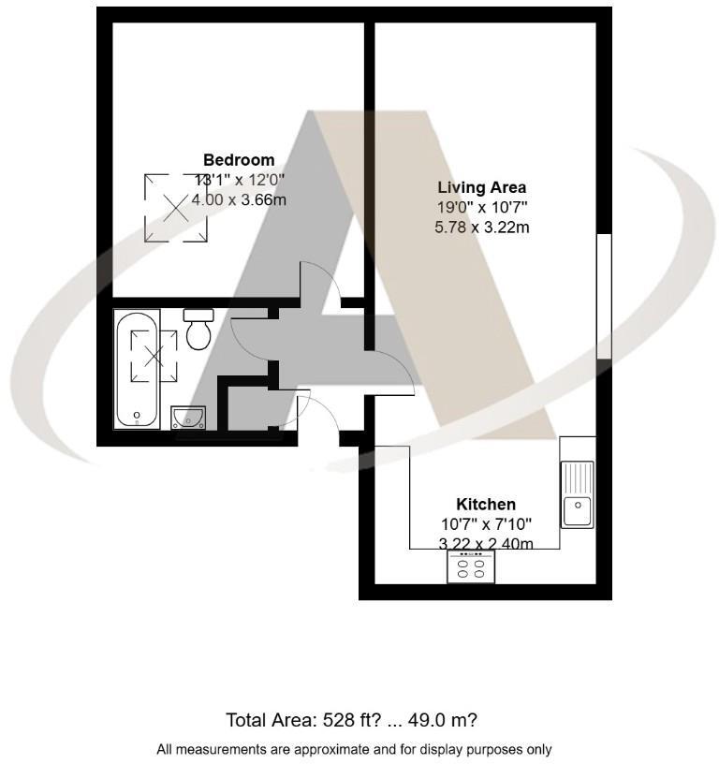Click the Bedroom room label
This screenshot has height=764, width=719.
[239, 159]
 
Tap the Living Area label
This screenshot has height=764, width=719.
[481, 187]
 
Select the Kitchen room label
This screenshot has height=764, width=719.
[485, 504]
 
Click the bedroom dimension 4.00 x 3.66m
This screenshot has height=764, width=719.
[239, 199]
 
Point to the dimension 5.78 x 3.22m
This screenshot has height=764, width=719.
[481, 228]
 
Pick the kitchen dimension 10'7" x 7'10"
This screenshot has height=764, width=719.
[485, 523]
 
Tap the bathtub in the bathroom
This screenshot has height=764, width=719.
[139, 369]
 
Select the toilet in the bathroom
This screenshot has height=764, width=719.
[198, 330]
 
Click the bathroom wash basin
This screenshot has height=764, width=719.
[189, 417]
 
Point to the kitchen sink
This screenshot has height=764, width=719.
[577, 493]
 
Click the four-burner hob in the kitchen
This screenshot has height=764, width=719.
[471, 566]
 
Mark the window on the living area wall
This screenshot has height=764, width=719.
[604, 296]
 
